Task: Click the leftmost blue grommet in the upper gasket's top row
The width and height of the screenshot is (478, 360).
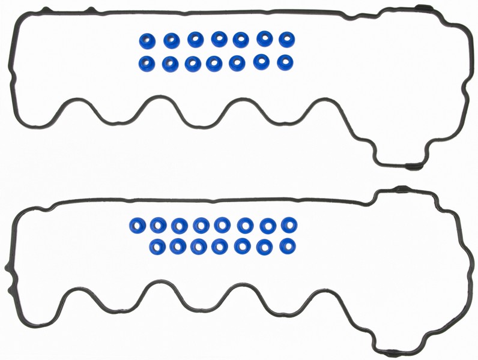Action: coord(148,40)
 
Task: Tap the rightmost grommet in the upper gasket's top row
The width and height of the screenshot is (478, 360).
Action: coord(286,39)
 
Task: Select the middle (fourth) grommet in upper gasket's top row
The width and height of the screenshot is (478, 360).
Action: coord(218,40)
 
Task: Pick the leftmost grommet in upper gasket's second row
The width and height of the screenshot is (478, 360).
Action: coord(148,62)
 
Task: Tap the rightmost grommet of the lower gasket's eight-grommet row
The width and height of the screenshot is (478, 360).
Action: coord(289,225)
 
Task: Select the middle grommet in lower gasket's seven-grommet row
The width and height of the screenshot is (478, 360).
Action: coord(220,245)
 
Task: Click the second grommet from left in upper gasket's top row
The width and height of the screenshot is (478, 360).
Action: coord(172,40)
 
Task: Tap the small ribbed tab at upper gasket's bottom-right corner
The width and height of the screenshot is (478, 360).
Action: coord(413,164)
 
